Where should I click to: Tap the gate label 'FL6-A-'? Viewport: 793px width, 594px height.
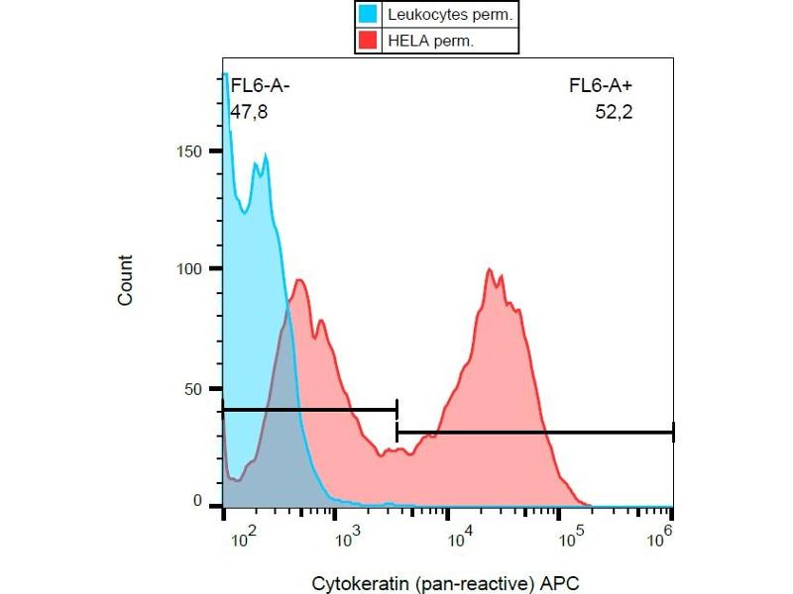point(260,86)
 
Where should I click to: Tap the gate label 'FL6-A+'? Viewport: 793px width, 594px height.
point(601,86)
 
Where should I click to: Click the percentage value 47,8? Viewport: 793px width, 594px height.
point(249,112)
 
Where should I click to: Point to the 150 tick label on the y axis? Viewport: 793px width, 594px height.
point(191,151)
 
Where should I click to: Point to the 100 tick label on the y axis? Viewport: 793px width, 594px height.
point(191,269)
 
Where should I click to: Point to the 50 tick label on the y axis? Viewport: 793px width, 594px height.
point(195,388)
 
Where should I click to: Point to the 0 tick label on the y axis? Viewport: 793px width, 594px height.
point(199,502)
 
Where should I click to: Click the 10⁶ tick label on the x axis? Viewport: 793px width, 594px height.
point(659,536)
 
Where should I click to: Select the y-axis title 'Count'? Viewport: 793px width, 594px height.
point(126,280)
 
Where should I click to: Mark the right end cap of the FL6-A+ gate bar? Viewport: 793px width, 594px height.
point(673,433)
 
